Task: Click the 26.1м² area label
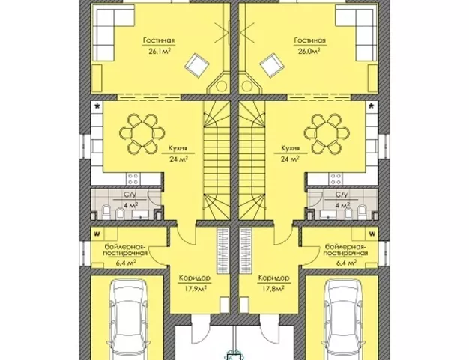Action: (x=160, y=51)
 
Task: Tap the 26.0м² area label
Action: (x=309, y=51)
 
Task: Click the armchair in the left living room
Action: (x=196, y=65)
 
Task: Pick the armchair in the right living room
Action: (x=272, y=65)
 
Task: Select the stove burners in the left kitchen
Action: (x=132, y=179)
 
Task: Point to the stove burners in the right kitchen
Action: (x=336, y=179)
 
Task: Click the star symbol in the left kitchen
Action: (x=97, y=106)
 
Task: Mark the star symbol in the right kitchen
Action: (x=372, y=106)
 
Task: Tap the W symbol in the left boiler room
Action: (x=97, y=234)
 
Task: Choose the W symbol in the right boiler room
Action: (x=372, y=234)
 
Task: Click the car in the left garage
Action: (x=127, y=320)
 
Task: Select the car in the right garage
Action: (x=342, y=320)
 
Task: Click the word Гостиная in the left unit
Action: (x=159, y=40)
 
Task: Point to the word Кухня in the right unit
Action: (x=291, y=148)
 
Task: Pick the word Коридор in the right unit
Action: (x=273, y=278)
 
